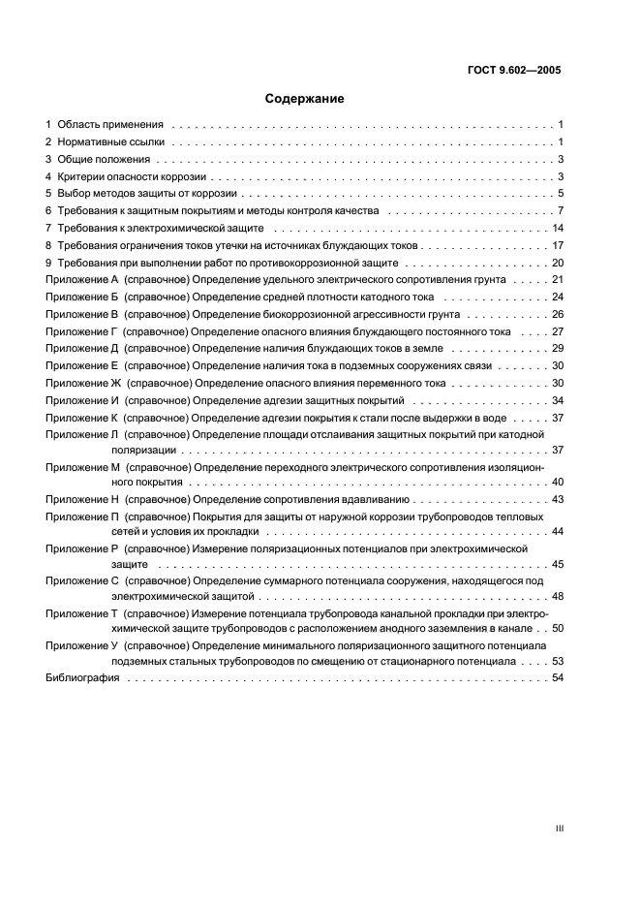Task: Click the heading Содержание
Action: click(x=304, y=99)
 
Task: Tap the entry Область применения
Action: click(x=109, y=126)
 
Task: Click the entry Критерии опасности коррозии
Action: click(x=133, y=177)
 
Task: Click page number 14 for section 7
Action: click(x=558, y=228)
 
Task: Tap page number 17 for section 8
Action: click(x=558, y=245)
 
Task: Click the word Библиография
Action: click(x=82, y=678)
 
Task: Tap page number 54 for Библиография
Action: click(x=558, y=678)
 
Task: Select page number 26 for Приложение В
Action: click(x=558, y=314)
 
